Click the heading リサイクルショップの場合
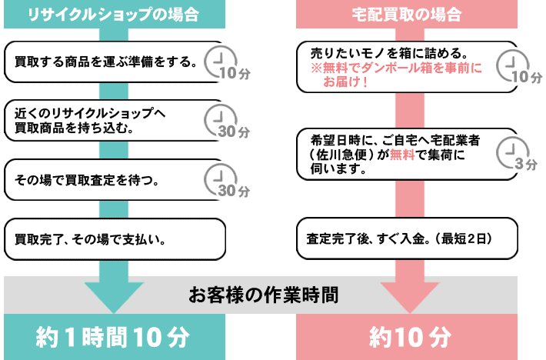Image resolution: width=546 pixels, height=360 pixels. click(113, 13)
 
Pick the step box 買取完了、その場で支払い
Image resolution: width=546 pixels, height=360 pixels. click(115, 239)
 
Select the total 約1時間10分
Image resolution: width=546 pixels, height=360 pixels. click(113, 336)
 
